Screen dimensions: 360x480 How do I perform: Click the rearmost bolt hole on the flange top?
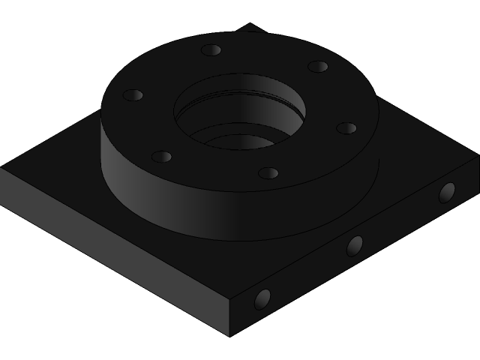pyautogui.click(x=211, y=50)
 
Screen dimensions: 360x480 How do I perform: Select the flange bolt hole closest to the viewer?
pyautogui.click(x=268, y=173)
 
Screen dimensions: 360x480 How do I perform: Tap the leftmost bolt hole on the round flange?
pyautogui.click(x=133, y=96)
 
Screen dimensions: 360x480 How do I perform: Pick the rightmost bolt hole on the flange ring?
pyautogui.click(x=346, y=128)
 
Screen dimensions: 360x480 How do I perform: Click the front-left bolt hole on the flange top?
pyautogui.click(x=161, y=157)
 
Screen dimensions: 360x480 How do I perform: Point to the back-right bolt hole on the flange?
pyautogui.click(x=318, y=67)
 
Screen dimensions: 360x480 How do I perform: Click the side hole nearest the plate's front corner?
pyautogui.click(x=262, y=299)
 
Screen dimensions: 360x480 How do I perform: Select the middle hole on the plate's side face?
pyautogui.click(x=355, y=245)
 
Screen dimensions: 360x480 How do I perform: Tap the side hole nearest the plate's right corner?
pyautogui.click(x=447, y=192)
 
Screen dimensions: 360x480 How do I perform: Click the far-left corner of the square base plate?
pyautogui.click(x=2, y=168)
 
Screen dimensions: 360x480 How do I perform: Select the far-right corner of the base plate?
pyautogui.click(x=477, y=155)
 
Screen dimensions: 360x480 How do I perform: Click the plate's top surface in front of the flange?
pyautogui.click(x=225, y=262)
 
